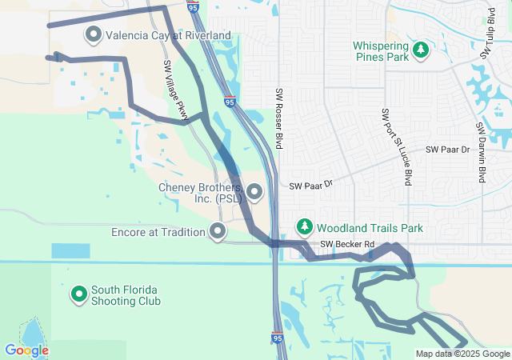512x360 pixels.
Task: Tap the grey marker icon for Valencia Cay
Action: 94,34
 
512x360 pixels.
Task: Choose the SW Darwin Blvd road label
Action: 482,152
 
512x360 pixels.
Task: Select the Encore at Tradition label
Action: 158,232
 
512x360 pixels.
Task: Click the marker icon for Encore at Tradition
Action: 217,232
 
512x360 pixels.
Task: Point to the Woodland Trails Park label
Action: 370,228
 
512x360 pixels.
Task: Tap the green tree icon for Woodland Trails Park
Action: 305,227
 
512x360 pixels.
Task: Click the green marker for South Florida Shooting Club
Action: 78,294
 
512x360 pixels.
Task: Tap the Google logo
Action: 26,350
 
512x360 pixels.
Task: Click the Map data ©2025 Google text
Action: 462,354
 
